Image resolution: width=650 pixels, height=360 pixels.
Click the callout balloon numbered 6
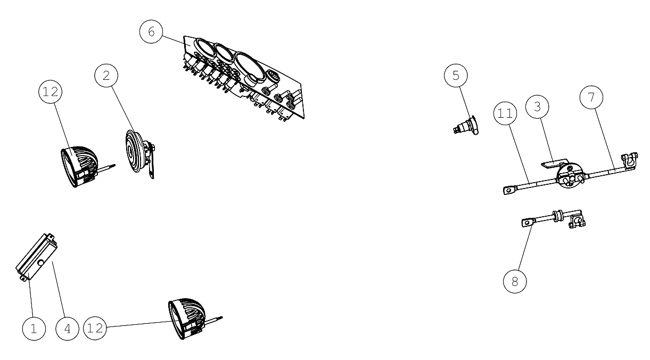pyautogui.click(x=151, y=31)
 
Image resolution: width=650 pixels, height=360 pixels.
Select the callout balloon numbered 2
pyautogui.click(x=106, y=76)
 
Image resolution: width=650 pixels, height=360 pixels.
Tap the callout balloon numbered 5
pyautogui.click(x=456, y=76)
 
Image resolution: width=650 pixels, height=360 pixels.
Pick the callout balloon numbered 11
pyautogui.click(x=505, y=113)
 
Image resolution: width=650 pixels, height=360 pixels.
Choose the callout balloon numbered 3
pyautogui.click(x=537, y=107)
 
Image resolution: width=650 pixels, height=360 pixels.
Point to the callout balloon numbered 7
pyautogui.click(x=591, y=97)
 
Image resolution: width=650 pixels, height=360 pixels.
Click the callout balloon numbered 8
pyautogui.click(x=515, y=281)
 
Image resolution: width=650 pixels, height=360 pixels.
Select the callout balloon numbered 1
pyautogui.click(x=34, y=329)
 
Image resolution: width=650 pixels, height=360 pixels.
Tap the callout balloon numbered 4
pyautogui.click(x=67, y=329)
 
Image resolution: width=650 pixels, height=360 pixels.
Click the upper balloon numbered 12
pyautogui.click(x=51, y=92)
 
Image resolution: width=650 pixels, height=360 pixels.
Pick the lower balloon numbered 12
pyautogui.click(x=95, y=329)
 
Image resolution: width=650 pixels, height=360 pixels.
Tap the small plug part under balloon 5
pyautogui.click(x=466, y=126)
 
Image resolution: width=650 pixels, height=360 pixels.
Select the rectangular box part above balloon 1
pyautogui.click(x=37, y=257)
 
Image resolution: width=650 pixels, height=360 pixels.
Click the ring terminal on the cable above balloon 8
pyautogui.click(x=528, y=223)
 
